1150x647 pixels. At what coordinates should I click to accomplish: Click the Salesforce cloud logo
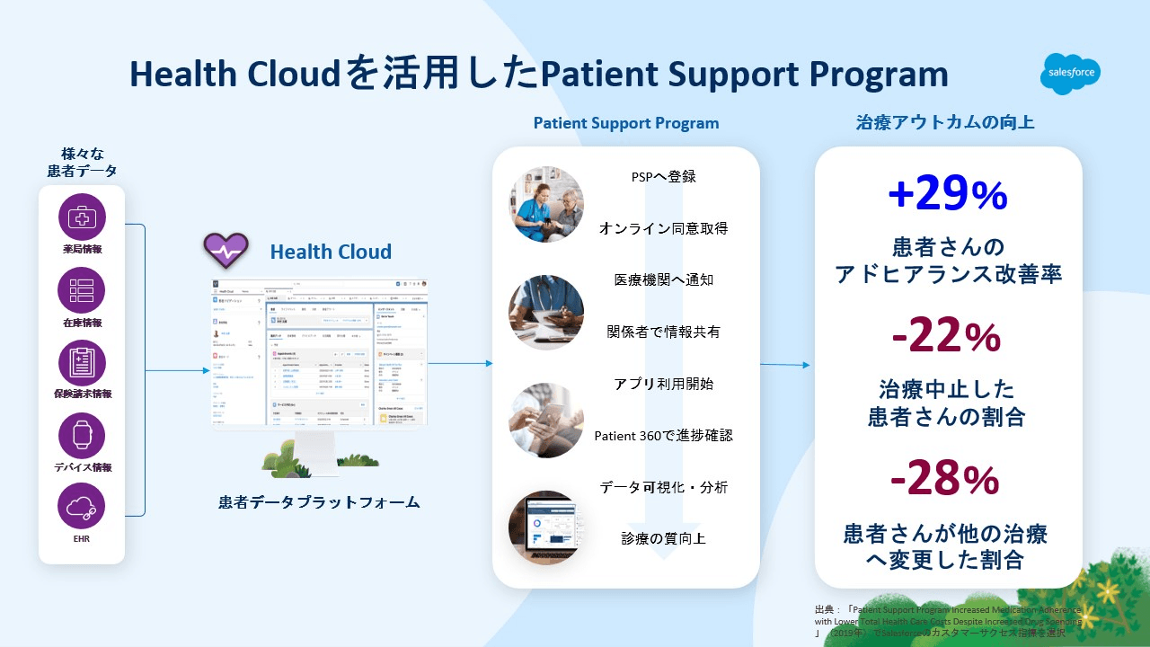pyautogui.click(x=1070, y=75)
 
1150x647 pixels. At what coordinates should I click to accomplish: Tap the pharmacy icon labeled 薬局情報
pyautogui.click(x=82, y=217)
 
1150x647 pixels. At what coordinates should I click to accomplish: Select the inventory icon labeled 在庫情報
pyautogui.click(x=82, y=289)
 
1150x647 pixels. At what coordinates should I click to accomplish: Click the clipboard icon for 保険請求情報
pyautogui.click(x=82, y=362)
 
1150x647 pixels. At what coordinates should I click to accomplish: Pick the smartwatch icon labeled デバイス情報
pyautogui.click(x=82, y=435)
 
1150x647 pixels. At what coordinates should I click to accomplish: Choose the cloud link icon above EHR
pyautogui.click(x=82, y=506)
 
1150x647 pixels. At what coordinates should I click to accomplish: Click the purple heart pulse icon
pyautogui.click(x=225, y=251)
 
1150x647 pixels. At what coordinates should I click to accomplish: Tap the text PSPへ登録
pyautogui.click(x=663, y=176)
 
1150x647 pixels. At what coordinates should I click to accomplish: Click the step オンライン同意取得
pyautogui.click(x=663, y=228)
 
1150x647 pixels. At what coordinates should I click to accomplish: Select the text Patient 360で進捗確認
pyautogui.click(x=663, y=436)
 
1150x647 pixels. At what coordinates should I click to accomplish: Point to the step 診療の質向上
pyautogui.click(x=663, y=539)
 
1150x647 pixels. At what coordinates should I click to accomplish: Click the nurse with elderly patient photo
pyautogui.click(x=546, y=204)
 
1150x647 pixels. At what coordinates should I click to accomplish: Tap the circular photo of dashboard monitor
pyautogui.click(x=546, y=527)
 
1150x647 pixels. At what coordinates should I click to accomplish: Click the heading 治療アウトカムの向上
pyautogui.click(x=944, y=122)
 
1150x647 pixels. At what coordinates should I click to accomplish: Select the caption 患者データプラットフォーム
pyautogui.click(x=319, y=501)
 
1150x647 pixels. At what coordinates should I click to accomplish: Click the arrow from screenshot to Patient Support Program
pyautogui.click(x=460, y=363)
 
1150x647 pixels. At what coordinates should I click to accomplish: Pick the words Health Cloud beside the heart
pyautogui.click(x=331, y=252)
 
